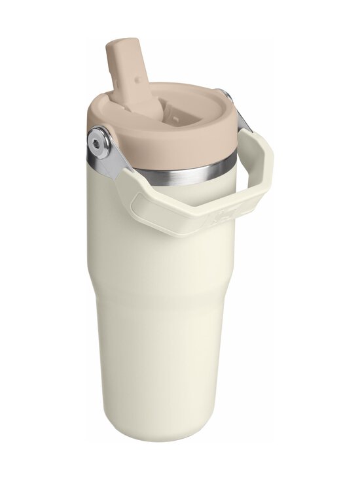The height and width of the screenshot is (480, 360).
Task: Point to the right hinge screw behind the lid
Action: [x=226, y=97]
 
